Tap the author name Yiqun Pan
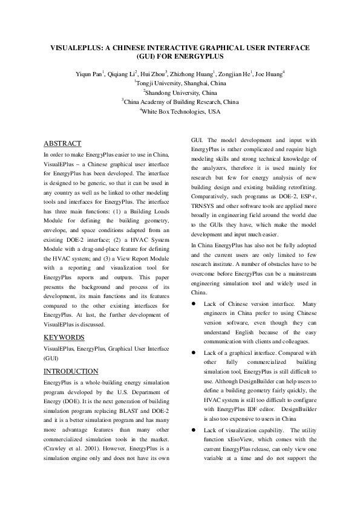[89, 74]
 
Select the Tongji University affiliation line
[180, 83]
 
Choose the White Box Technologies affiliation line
[180, 112]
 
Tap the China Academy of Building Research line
[180, 102]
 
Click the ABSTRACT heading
[62, 144]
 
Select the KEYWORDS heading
[64, 337]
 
